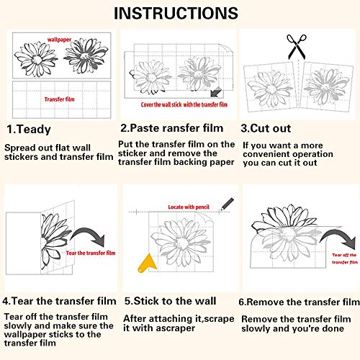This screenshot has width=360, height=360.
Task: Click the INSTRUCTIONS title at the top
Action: point(176,13)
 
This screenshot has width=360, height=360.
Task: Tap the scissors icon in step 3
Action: point(297,47)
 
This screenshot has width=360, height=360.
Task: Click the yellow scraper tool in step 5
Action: point(147,263)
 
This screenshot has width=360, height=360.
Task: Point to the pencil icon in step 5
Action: point(227,204)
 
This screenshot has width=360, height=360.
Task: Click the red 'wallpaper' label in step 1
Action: point(59,40)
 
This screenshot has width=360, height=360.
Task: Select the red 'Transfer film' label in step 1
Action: point(59,99)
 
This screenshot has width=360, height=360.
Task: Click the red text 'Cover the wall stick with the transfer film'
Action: point(184,104)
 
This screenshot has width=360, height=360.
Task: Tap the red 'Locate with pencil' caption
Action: point(189,207)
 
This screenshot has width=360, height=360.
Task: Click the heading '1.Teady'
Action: point(29,130)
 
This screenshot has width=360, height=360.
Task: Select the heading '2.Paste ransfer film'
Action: point(172,128)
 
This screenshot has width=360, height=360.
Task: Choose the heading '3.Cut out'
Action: point(266,128)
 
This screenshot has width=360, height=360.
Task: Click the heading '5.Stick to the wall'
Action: point(171,301)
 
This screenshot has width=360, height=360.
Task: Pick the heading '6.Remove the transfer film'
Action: point(299,302)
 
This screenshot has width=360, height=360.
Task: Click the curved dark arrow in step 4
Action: point(88,233)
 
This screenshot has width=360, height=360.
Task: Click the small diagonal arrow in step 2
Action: point(216,91)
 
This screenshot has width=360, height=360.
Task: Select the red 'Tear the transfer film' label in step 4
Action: point(91,253)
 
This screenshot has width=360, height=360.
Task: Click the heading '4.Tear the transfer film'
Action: point(59,301)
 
